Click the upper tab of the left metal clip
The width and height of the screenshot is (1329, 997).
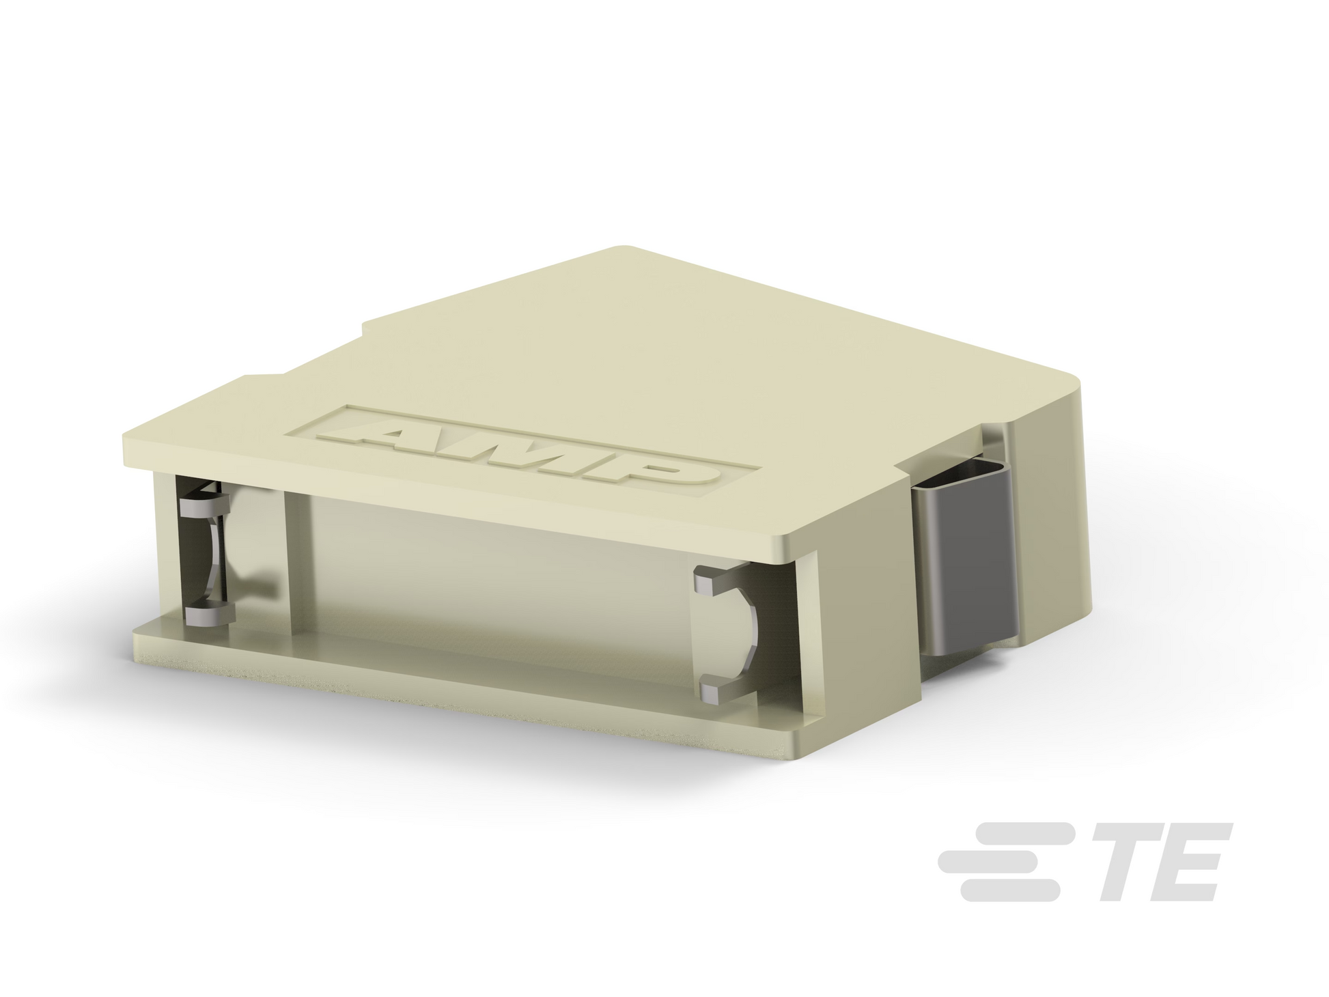pos(204,507)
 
